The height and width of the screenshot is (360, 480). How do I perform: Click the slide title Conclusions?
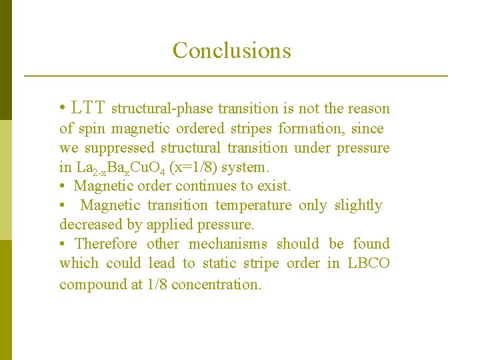(x=231, y=51)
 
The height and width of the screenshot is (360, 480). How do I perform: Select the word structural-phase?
(x=162, y=109)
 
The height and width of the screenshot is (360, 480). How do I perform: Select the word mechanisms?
(x=229, y=244)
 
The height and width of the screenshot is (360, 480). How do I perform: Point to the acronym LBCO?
(x=369, y=263)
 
